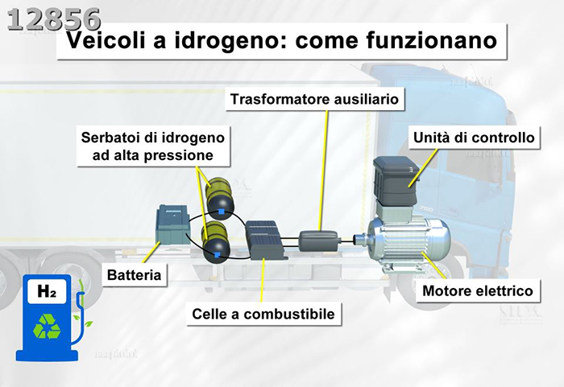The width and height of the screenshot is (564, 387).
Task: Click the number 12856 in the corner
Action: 54,19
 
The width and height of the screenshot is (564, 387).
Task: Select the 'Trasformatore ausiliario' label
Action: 315,100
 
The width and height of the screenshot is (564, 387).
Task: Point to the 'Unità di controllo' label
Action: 473,138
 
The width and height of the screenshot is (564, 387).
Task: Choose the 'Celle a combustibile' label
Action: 263,313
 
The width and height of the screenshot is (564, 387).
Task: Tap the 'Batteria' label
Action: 135,276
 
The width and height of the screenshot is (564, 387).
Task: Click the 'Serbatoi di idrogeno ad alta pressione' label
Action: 152,145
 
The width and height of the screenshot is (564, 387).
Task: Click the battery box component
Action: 172,226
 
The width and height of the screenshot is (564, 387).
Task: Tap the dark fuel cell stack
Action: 263,239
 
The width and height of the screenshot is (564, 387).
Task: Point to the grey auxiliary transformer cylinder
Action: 320,240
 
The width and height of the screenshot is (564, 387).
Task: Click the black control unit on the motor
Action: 395,181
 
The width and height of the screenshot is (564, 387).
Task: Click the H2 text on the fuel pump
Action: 46,293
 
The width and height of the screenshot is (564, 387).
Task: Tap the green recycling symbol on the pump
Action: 45,325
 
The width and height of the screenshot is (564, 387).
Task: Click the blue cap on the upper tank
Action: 220,212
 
